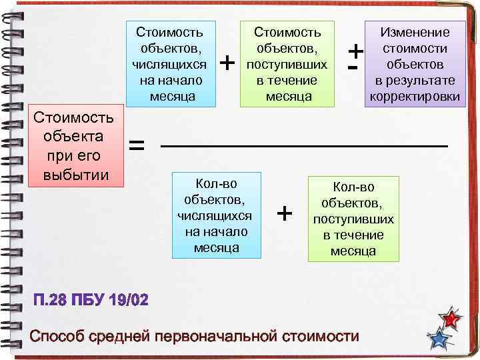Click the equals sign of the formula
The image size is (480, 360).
(x=136, y=145)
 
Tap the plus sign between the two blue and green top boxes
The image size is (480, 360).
(x=228, y=63)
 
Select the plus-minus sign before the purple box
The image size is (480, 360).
(x=356, y=57)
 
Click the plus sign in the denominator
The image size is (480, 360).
(x=285, y=213)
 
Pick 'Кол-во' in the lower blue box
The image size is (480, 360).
(x=215, y=183)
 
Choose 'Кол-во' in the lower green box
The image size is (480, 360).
(x=353, y=187)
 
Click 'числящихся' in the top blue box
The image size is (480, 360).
(x=169, y=64)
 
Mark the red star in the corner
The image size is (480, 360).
(x=453, y=319)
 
